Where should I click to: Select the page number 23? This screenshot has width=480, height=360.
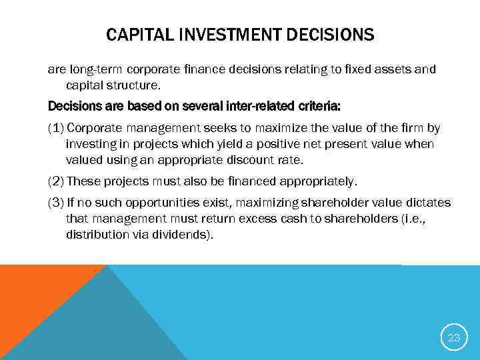pos(454,338)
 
